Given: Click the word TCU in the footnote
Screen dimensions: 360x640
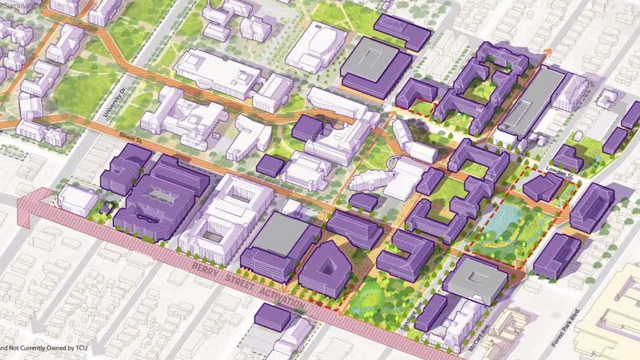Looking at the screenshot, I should pyautogui.click(x=68, y=347).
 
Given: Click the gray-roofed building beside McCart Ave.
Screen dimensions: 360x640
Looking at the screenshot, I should pyautogui.click(x=475, y=279).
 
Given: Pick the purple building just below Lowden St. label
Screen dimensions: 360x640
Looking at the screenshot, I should pyautogui.click(x=543, y=188).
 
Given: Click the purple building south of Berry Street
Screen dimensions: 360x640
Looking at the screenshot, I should pyautogui.click(x=272, y=316).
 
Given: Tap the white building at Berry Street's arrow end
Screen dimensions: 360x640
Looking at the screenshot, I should pyautogui.click(x=77, y=199).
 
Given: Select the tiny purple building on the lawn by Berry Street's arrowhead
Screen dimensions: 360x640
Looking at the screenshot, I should pyautogui.click(x=107, y=207).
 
